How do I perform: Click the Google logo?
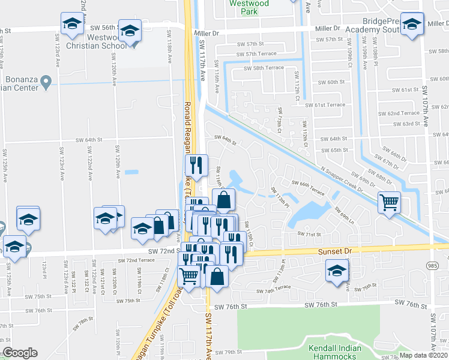pyautogui.click(x=20, y=353)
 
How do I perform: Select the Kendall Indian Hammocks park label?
pyautogui.click(x=334, y=352)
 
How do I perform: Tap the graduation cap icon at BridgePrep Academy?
pyautogui.click(x=412, y=25)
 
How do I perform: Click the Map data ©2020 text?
pyautogui.click(x=424, y=355)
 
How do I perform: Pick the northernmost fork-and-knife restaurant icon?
pyautogui.click(x=196, y=163)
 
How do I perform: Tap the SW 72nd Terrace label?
pyautogui.click(x=136, y=260)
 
